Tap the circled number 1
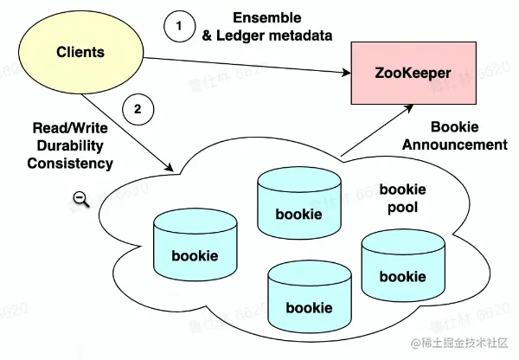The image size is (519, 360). pos(179,27)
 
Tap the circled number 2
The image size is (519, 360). pos(138,109)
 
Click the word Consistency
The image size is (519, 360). pos(70,162)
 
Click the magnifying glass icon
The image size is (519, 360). pos(81,199)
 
